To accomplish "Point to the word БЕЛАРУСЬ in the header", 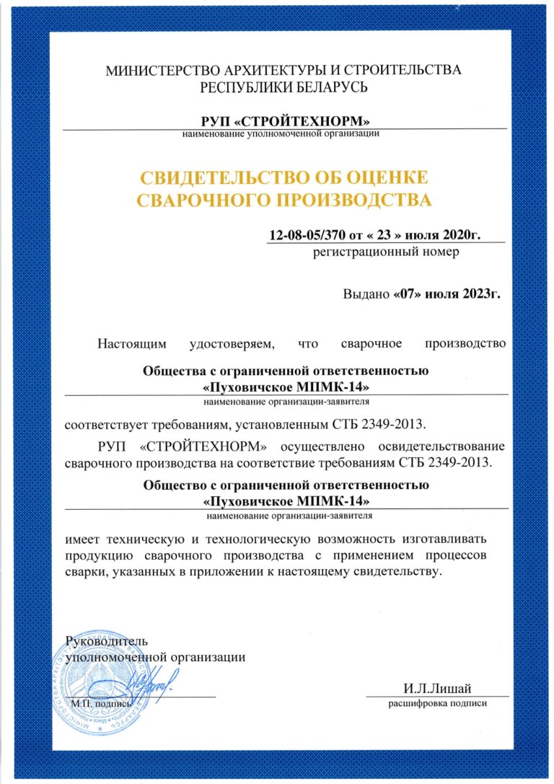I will (x=330, y=88).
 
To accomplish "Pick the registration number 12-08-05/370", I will (x=307, y=235).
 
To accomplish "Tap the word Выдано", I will (x=366, y=294).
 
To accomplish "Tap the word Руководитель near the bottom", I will (x=106, y=641).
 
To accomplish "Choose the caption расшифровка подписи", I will (x=437, y=702).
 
